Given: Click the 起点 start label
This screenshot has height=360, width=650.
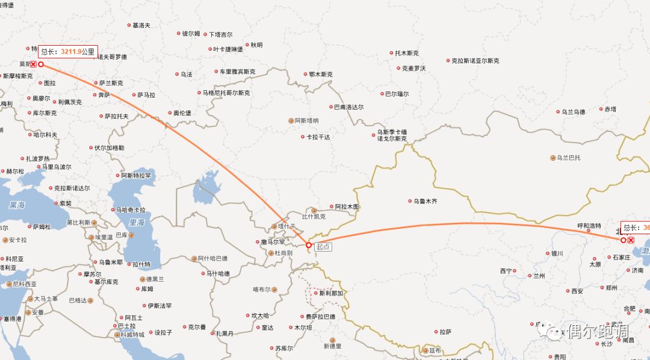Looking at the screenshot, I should (323, 246).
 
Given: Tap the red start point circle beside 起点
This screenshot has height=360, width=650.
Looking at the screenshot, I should (309, 245).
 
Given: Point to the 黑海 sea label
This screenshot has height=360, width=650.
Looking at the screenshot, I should (17, 205).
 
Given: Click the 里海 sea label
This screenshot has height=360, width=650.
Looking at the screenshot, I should (137, 223).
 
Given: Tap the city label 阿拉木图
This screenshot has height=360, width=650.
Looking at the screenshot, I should (346, 206).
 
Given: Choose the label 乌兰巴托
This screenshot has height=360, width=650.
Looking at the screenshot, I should (568, 158).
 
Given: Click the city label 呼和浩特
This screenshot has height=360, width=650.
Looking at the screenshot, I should (589, 226).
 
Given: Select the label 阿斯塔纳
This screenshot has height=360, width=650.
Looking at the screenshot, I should (306, 120).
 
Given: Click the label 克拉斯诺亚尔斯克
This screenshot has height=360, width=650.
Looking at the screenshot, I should (475, 61).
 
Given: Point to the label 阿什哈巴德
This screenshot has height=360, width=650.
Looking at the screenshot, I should (212, 259).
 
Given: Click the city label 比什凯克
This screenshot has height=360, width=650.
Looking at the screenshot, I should (313, 216).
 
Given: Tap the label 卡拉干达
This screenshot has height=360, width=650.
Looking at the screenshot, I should (318, 137).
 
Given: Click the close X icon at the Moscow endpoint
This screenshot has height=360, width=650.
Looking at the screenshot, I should (34, 64).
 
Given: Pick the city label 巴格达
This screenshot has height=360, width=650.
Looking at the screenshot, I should (78, 300).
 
